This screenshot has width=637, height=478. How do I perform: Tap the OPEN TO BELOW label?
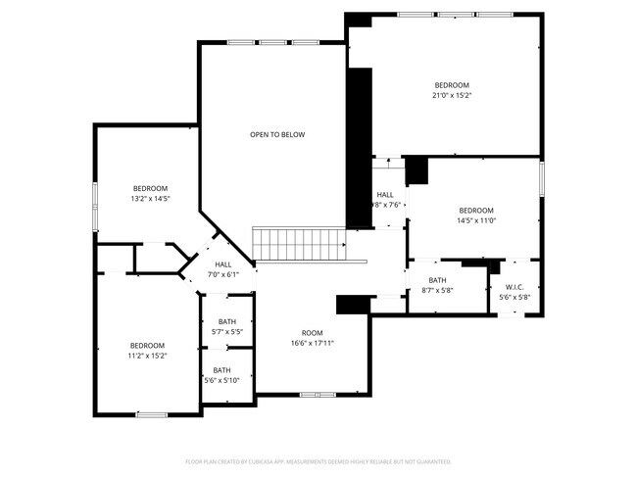pyautogui.click(x=276, y=134)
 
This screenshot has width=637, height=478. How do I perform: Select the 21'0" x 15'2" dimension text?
pyautogui.click(x=452, y=96)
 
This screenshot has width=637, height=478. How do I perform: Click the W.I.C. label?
pyautogui.click(x=514, y=287)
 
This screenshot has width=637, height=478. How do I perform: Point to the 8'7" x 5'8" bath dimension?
pyautogui.click(x=437, y=291)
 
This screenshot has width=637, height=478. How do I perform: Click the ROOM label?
pyautogui.click(x=312, y=332)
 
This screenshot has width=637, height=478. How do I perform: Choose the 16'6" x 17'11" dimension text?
pyautogui.click(x=312, y=343)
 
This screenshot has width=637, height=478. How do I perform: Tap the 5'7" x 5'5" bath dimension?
pyautogui.click(x=226, y=332)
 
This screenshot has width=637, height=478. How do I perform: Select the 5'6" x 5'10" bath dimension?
pyautogui.click(x=226, y=380)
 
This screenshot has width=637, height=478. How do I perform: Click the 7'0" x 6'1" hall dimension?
pyautogui.click(x=223, y=274)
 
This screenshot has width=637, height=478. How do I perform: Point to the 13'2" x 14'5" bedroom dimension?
pyautogui.click(x=151, y=199)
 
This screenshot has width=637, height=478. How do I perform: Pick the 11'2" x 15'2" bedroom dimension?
pyautogui.click(x=148, y=356)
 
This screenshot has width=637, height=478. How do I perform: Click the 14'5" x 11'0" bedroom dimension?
pyautogui.click(x=476, y=221)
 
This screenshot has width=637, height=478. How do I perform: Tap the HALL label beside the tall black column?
pyautogui.click(x=385, y=195)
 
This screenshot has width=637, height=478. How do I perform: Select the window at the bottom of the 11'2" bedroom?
pyautogui.click(x=151, y=414)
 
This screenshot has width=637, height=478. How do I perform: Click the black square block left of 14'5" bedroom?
pyautogui.click(x=417, y=170)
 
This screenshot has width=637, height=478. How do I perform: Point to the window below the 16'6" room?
pyautogui.click(x=317, y=395)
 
